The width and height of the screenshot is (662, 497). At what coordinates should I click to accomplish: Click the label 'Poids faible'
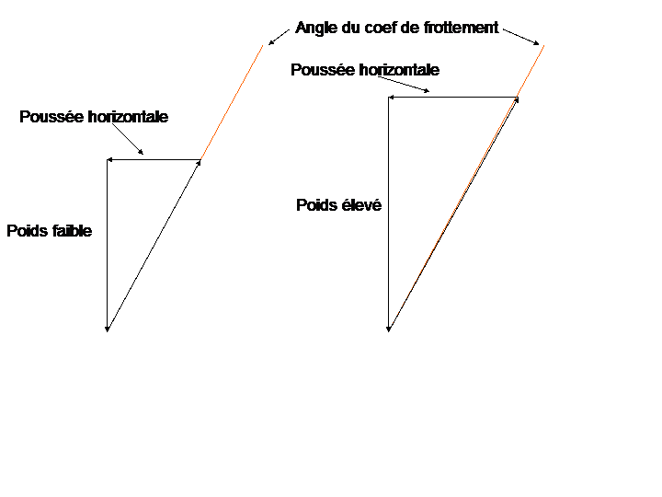pos(50,232)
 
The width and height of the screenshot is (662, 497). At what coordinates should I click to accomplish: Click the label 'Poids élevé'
pos(338,206)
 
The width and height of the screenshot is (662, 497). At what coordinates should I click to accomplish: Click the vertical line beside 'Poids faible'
pos(108,244)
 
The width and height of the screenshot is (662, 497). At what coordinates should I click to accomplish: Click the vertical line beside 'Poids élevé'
pos(389,212)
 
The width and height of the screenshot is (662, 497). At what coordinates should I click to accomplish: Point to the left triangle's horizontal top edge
pos(154,160)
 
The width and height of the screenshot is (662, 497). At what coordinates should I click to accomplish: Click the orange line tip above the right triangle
pos(542,49)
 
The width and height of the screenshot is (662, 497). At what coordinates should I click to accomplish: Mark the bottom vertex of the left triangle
pos(108,329)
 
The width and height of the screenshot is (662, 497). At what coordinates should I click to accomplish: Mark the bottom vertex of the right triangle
pos(389,329)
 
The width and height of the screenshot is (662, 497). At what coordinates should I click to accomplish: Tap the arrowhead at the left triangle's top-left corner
pos(109,160)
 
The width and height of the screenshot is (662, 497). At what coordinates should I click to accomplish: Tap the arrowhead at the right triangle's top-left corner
pos(392,97)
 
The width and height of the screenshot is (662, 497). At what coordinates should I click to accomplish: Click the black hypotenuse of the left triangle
pos(154,246)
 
